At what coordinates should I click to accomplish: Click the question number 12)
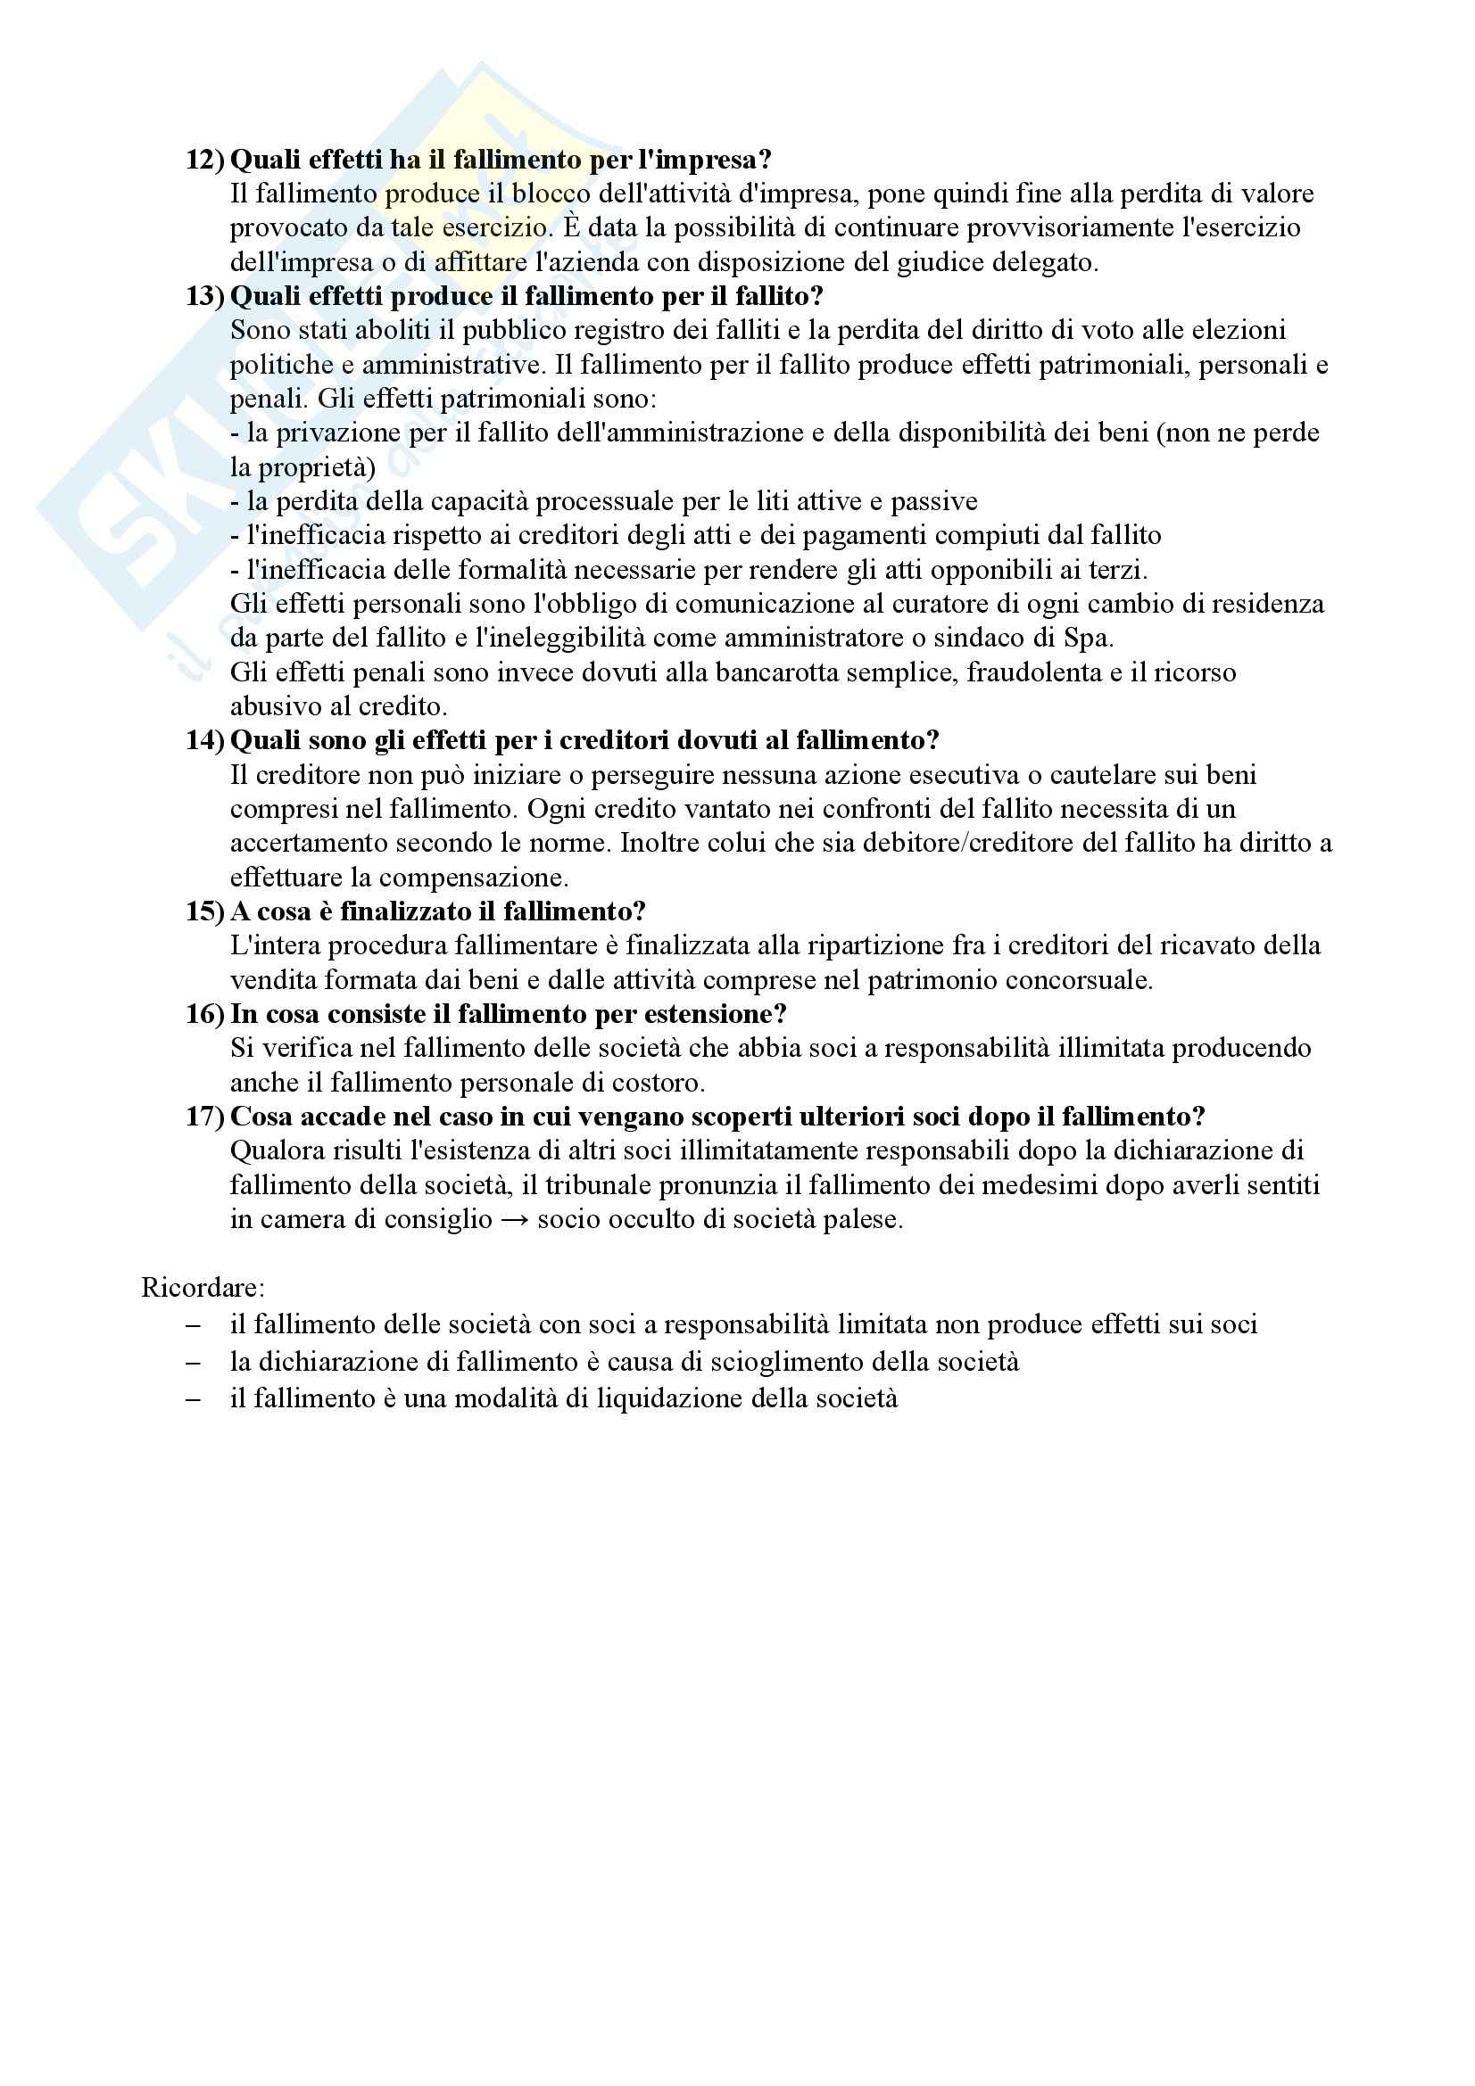pos(204,160)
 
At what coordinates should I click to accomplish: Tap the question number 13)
pos(204,296)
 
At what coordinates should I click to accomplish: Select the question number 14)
pos(204,740)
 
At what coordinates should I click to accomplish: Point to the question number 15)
pos(204,911)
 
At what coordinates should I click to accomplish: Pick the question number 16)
pos(204,1014)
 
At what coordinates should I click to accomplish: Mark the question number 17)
pos(204,1117)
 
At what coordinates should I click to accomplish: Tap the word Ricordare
pos(203,1288)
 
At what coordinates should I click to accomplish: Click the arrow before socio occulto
pos(514,1219)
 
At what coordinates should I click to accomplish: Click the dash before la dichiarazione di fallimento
pos(193,1362)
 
